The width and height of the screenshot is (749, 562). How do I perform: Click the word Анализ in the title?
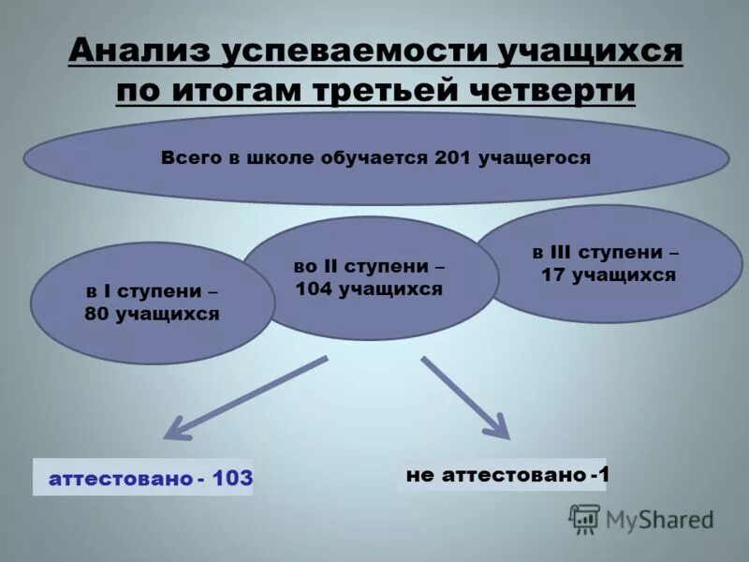click(x=139, y=52)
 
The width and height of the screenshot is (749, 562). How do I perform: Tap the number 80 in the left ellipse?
click(x=96, y=315)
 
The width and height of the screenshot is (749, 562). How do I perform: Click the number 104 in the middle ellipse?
click(x=316, y=289)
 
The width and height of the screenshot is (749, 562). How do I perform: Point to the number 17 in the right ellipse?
click(x=553, y=275)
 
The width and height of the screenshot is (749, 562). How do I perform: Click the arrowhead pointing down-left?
click(x=174, y=430)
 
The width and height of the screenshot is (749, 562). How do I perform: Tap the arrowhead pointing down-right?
click(x=498, y=430)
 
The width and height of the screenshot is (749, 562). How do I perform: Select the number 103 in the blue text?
click(x=232, y=479)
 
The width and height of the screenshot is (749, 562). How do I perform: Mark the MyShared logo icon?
click(x=584, y=518)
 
